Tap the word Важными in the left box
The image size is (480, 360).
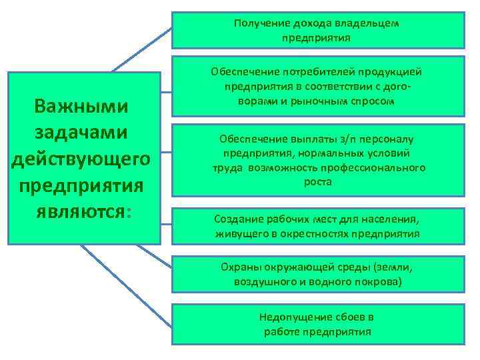[82, 107]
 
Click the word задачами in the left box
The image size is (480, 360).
[82, 132]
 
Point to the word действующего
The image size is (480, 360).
[82, 159]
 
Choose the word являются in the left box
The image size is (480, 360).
[79, 211]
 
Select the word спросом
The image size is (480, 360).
[372, 101]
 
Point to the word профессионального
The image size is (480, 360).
[381, 167]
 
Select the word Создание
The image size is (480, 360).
[237, 219]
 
